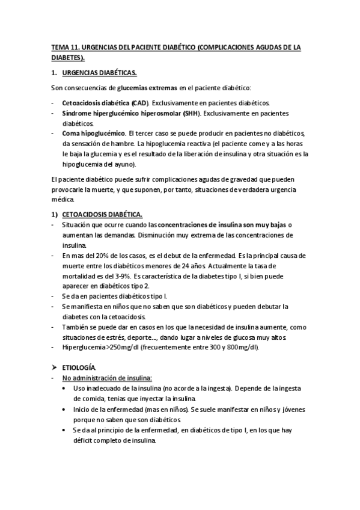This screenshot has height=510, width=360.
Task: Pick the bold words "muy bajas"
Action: [270, 224]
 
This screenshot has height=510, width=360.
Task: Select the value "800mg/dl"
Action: [239, 348]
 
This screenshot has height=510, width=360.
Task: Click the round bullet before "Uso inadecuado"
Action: [66, 389]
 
